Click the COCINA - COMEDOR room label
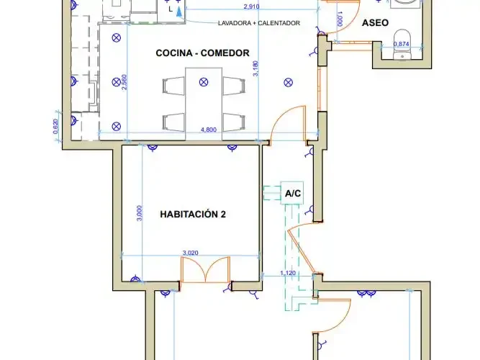(x=202, y=53)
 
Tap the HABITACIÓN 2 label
(x=193, y=214)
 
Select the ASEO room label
(x=375, y=22)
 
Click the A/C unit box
(x=292, y=193)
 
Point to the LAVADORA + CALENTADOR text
(x=259, y=23)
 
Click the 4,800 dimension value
(x=209, y=130)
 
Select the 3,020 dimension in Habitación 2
(x=191, y=253)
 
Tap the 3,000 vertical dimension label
(x=140, y=213)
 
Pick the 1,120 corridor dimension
(x=288, y=273)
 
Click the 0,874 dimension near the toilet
(x=402, y=44)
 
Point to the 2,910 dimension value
(x=252, y=6)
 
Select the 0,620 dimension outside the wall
(x=55, y=126)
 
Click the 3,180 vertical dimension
(x=256, y=68)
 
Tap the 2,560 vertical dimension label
(x=124, y=82)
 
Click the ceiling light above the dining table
(x=204, y=82)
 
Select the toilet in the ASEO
(x=402, y=44)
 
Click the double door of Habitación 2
(x=205, y=269)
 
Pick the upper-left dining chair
(x=173, y=86)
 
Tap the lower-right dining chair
(x=234, y=122)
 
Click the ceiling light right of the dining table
(x=288, y=82)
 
